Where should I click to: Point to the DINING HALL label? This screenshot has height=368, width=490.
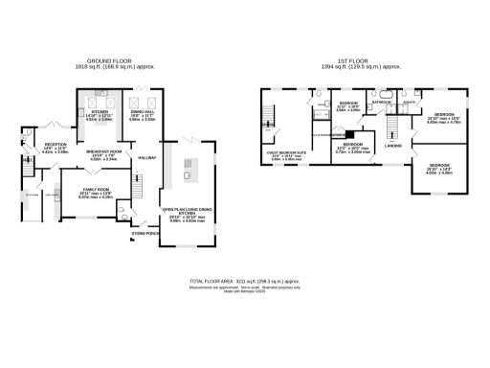(x=143, y=112)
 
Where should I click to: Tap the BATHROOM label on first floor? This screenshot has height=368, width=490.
(x=383, y=100)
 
